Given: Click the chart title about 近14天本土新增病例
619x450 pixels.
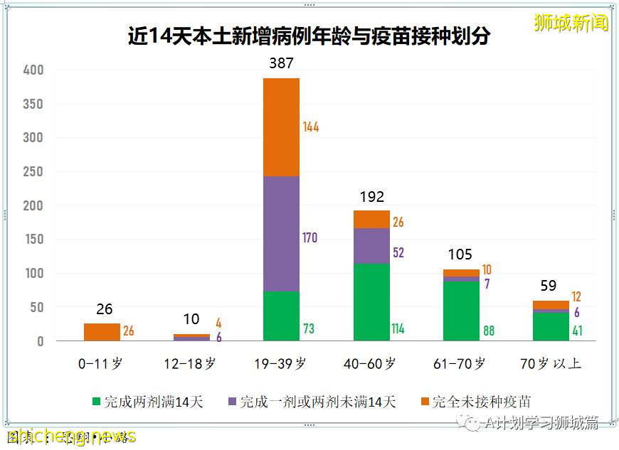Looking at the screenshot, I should [309, 36].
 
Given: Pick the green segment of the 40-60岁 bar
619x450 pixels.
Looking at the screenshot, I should [371, 302].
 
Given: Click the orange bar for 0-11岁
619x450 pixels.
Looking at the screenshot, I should [102, 332].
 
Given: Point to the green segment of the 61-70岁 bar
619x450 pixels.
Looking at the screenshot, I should [461, 311].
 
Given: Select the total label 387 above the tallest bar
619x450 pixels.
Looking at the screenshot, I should [281, 63].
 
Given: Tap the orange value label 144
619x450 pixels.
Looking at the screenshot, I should [310, 127].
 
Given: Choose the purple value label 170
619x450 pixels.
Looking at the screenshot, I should [309, 237].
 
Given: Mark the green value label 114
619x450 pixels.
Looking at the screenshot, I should [397, 329].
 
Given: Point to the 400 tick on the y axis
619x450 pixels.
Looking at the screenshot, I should [33, 70].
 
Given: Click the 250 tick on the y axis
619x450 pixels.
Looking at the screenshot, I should [33, 172].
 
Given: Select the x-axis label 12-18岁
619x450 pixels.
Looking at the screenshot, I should [190, 363].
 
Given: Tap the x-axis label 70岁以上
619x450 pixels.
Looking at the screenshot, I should [550, 363].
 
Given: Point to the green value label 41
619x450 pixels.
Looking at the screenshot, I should [577, 331].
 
